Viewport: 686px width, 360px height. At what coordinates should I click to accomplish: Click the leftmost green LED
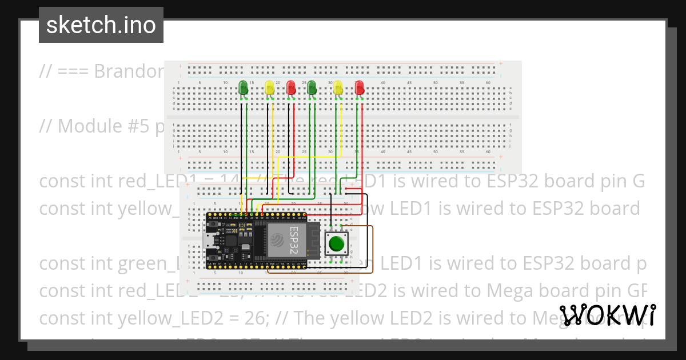(x=243, y=87)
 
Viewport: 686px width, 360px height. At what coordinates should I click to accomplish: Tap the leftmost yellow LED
(x=270, y=87)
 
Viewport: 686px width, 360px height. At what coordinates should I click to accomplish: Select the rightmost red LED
(x=359, y=87)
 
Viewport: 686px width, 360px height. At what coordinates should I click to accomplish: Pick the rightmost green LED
(x=312, y=87)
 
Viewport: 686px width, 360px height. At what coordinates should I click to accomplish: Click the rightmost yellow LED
(x=338, y=87)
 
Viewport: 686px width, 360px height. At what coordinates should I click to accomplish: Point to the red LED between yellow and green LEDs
(x=291, y=87)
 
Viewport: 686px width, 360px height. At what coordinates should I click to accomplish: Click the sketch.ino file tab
(x=101, y=25)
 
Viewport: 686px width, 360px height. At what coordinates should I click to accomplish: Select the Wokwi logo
(x=608, y=315)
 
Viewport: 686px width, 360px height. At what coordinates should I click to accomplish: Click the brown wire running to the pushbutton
(x=373, y=251)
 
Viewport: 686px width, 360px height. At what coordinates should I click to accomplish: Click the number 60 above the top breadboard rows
(x=488, y=83)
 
